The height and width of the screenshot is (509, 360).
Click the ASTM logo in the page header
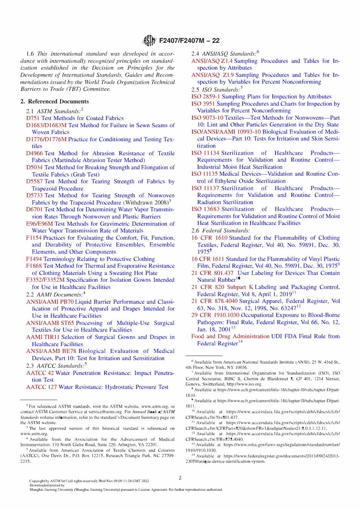pyautogui.click(x=149, y=41)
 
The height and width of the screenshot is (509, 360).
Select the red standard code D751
pyautogui.click(x=33, y=118)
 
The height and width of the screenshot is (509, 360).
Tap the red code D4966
pyautogui.click(x=34, y=153)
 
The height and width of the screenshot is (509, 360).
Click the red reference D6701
pyautogui.click(x=34, y=209)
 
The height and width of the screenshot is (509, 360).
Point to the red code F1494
pyautogui.click(x=34, y=259)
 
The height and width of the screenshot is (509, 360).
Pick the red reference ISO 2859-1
pyautogui.click(x=206, y=97)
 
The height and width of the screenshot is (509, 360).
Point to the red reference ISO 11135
pyautogui.click(x=205, y=174)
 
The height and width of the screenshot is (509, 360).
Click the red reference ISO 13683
pyautogui.click(x=205, y=209)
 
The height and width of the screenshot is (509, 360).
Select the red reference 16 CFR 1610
pyautogui.click(x=209, y=238)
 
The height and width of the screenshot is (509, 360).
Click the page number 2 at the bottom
pyautogui.click(x=180, y=478)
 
